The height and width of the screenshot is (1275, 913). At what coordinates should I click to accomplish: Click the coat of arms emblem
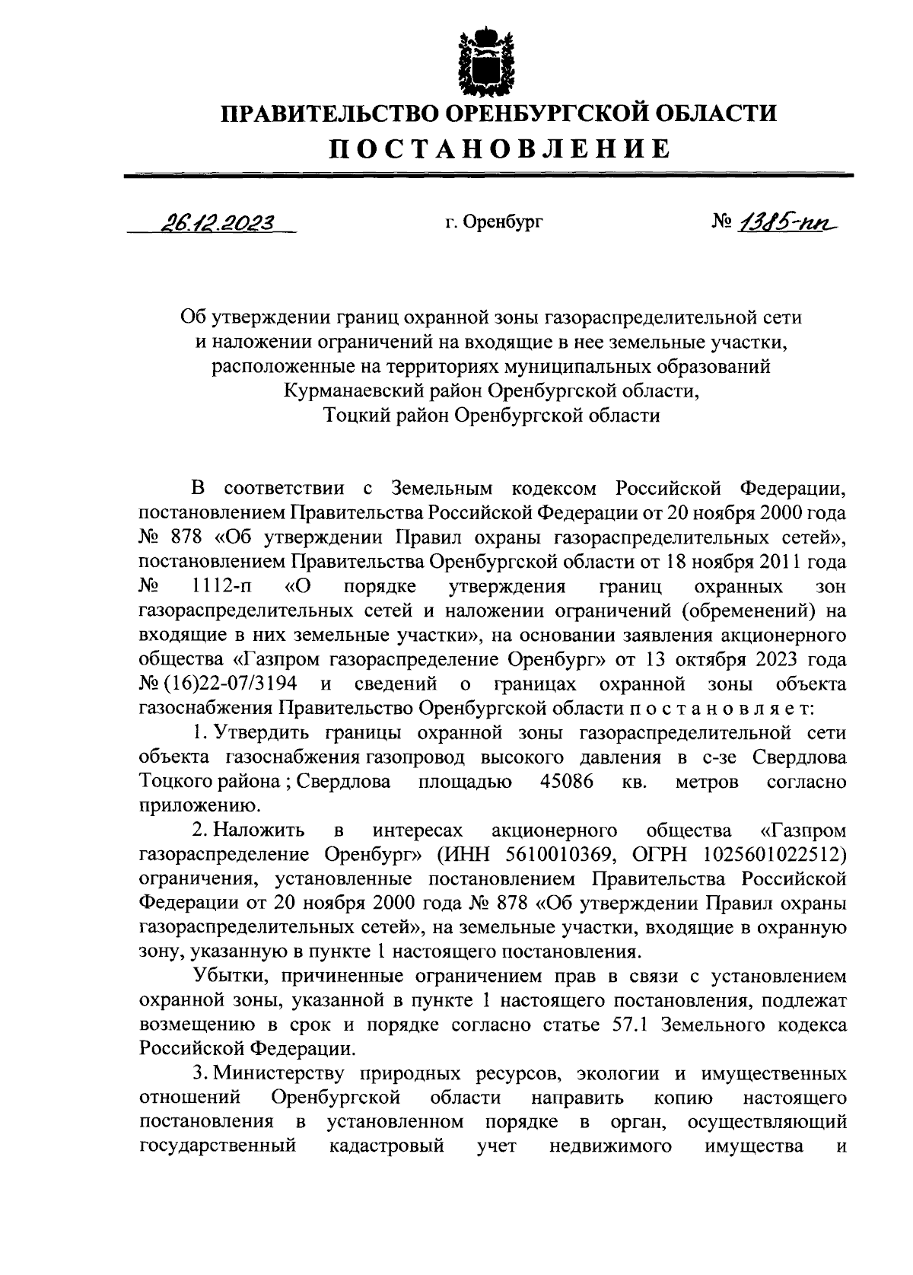coord(479,59)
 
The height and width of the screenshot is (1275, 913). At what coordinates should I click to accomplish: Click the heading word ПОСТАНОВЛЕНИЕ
coord(498,148)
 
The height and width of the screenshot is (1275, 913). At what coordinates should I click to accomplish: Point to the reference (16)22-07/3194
coord(227,684)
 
